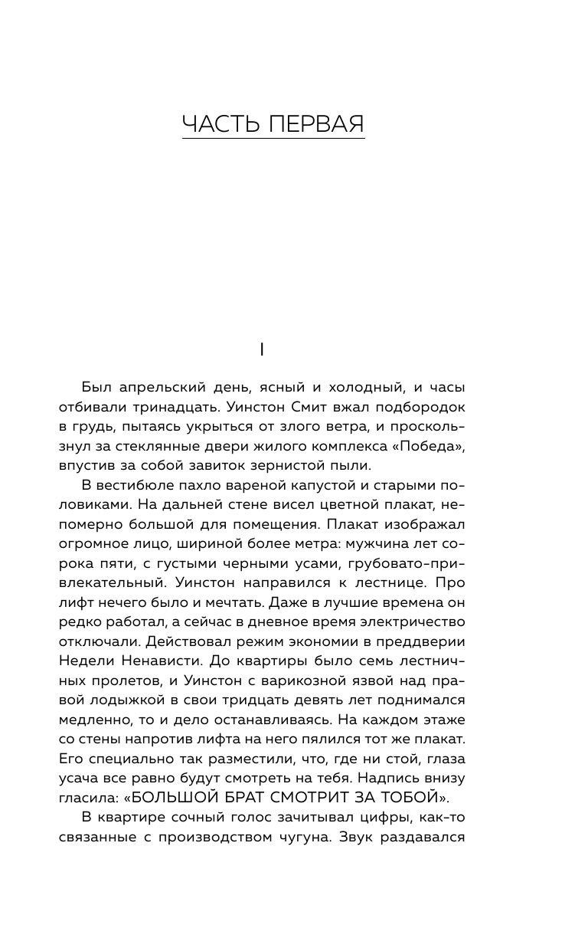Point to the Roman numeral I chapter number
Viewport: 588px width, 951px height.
click(x=262, y=349)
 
